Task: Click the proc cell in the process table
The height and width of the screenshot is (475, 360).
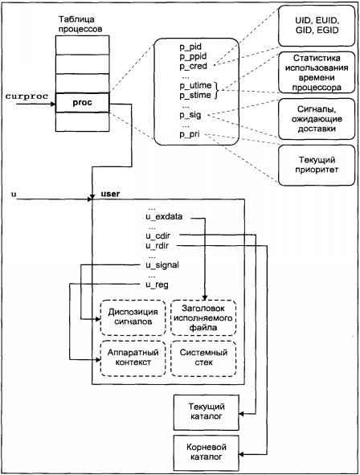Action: tap(82, 103)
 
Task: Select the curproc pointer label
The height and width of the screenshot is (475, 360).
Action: tap(27, 96)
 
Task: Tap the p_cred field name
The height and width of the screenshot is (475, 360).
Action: tap(193, 67)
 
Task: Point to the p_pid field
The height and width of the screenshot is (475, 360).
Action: tap(190, 47)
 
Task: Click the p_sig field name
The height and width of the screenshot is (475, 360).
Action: tap(190, 115)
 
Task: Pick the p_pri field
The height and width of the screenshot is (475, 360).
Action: tap(190, 134)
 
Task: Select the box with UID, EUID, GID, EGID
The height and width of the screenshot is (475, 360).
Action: tap(317, 26)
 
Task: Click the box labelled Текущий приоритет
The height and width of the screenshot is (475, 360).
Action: tap(317, 165)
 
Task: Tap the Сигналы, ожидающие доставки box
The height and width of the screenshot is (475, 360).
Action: tap(317, 119)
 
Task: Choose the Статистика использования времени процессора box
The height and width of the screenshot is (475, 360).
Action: tap(317, 72)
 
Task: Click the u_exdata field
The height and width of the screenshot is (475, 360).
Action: tap(164, 217)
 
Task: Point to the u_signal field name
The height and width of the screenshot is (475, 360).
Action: tap(162, 265)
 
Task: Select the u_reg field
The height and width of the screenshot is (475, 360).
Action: tap(157, 285)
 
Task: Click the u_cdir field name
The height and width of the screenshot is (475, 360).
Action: tap(157, 236)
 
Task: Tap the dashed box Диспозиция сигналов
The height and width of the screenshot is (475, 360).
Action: tap(133, 317)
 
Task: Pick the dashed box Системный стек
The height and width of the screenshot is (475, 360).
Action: tap(203, 358)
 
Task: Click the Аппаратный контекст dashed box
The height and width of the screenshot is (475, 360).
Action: tap(133, 358)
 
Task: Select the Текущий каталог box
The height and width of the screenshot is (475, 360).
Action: tap(207, 412)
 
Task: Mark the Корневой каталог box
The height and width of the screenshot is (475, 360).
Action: tap(207, 452)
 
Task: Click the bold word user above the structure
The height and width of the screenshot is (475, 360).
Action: tap(110, 194)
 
